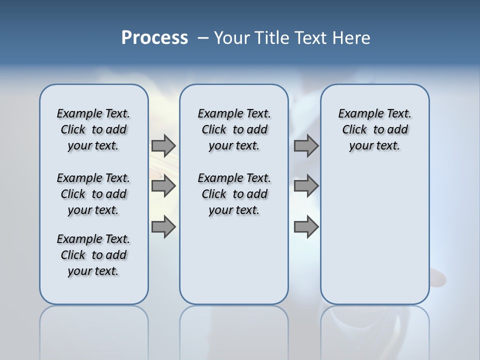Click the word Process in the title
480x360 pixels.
tap(154, 38)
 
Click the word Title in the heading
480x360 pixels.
tap(270, 38)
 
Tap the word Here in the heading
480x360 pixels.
tap(351, 38)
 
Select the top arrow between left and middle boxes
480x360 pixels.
tap(163, 145)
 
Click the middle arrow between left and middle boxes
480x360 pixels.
tap(163, 186)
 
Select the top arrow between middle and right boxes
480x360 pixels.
tap(306, 145)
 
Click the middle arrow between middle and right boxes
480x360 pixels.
tap(306, 186)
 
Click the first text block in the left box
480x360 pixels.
tap(93, 129)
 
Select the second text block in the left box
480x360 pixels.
tap(93, 194)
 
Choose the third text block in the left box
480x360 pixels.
tap(93, 255)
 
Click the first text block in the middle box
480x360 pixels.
tap(234, 129)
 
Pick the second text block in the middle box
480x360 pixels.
tap(234, 194)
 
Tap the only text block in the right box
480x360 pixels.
tap(374, 129)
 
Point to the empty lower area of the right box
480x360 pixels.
tap(374, 235)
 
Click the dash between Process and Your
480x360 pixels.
tap(203, 38)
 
